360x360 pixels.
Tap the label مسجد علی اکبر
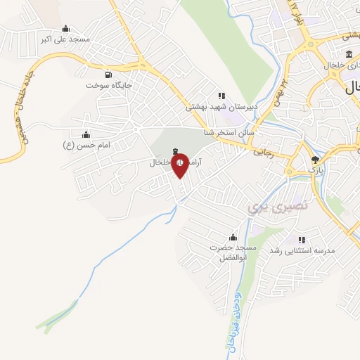65,39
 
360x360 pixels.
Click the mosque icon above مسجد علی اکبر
65,28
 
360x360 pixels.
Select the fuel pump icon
108,74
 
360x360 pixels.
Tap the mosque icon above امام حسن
86,133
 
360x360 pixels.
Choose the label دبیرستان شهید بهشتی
221,107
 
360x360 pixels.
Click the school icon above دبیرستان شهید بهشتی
221,96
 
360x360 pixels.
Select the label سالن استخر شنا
229,131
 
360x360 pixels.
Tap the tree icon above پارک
314,160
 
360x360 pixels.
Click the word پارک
314,170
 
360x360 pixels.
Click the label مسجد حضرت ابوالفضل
232,253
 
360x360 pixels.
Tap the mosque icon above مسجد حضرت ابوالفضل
232,238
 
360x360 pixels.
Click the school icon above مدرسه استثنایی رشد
302,240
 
